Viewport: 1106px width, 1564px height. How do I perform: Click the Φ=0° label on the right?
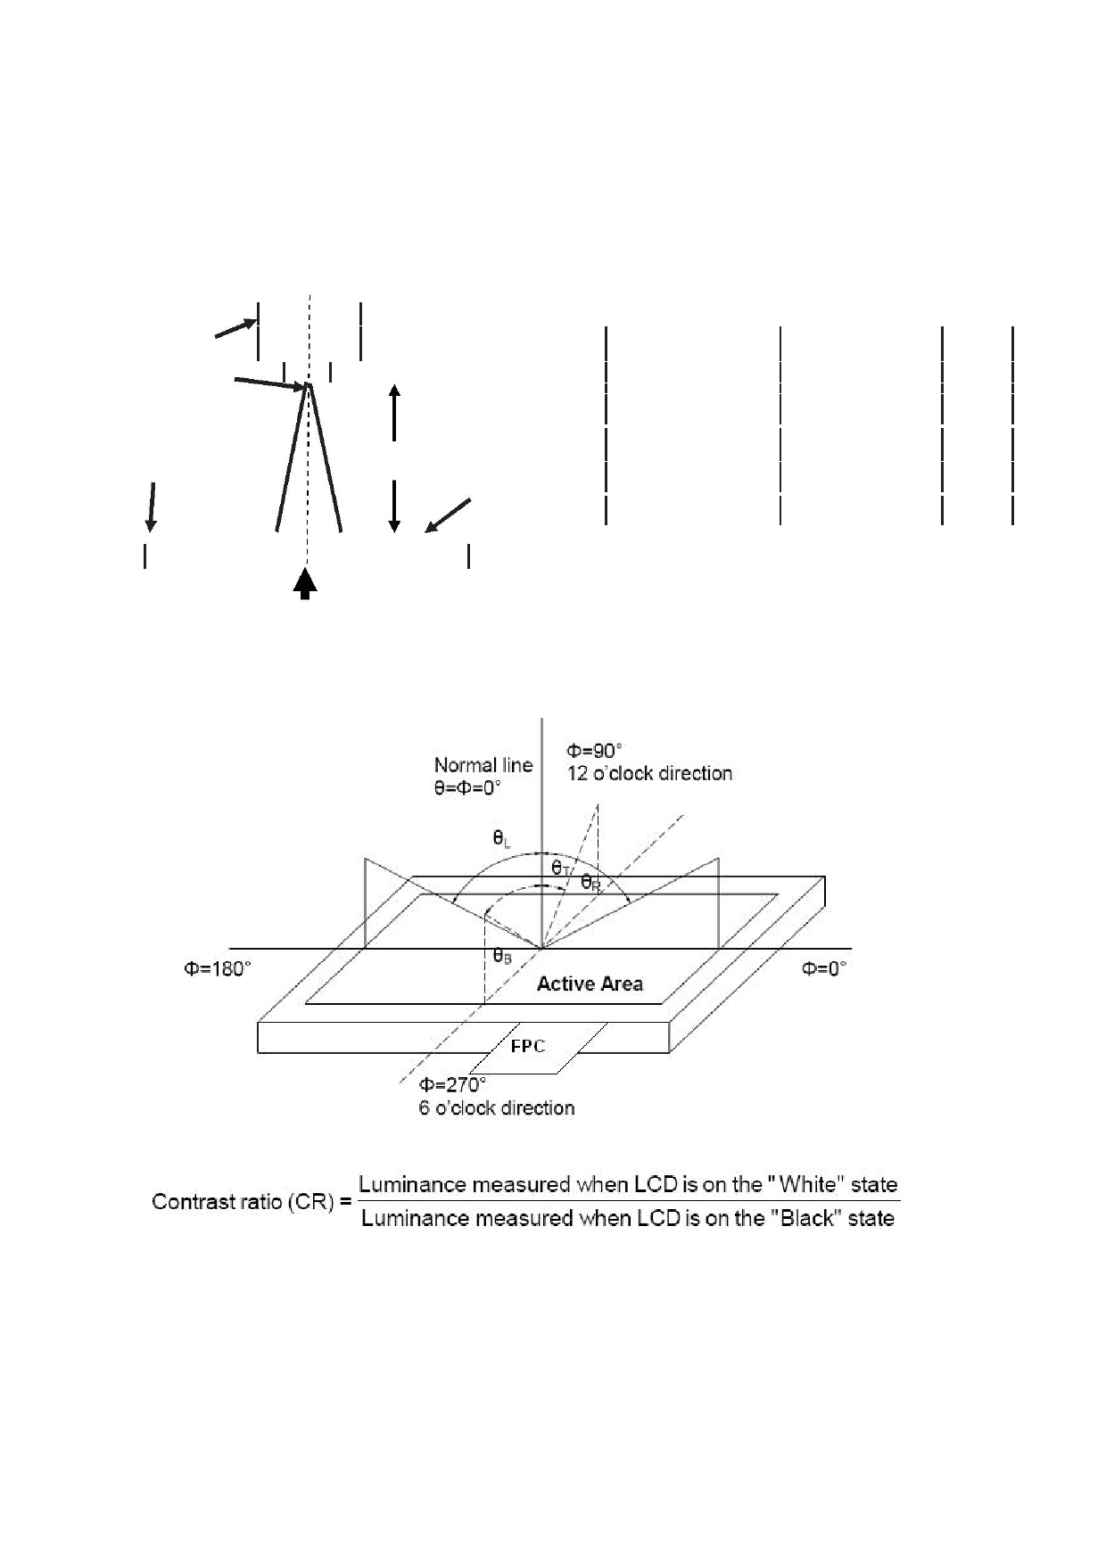(823, 969)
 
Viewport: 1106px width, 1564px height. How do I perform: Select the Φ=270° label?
(453, 1085)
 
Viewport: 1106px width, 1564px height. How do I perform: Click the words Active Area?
(590, 984)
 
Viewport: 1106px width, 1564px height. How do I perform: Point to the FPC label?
(528, 1046)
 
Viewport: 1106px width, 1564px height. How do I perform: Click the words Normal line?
(483, 765)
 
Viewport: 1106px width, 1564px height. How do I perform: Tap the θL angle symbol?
(502, 839)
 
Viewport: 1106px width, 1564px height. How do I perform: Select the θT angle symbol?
(561, 868)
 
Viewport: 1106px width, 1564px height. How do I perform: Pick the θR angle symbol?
(590, 883)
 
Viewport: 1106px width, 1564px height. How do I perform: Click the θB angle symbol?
(502, 956)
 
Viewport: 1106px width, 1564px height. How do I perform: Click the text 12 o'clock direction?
(649, 774)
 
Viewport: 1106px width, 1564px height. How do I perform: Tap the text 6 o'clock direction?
(497, 1108)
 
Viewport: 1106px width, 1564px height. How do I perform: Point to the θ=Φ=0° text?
(467, 788)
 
